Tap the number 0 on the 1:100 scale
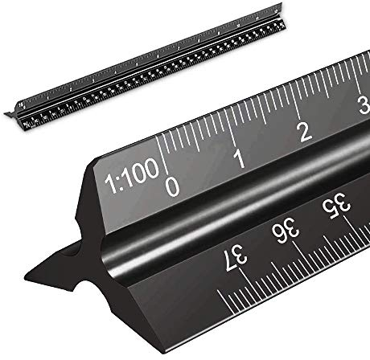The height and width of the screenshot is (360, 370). pyautogui.click(x=171, y=186)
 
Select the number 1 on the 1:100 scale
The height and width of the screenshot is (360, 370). pyautogui.click(x=239, y=158)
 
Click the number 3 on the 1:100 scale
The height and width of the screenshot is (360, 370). pyautogui.click(x=363, y=107)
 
